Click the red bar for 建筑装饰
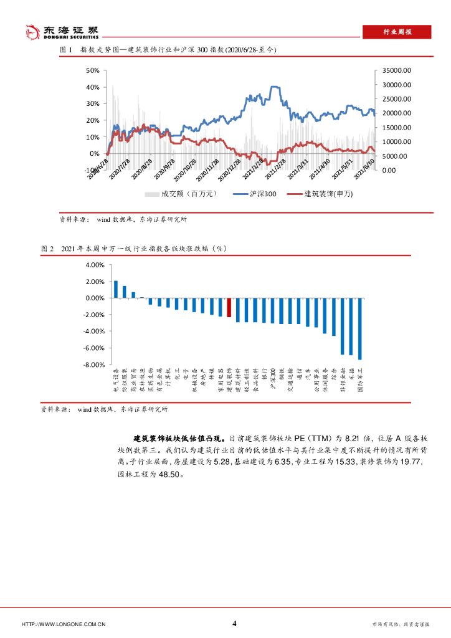pyautogui.click(x=229, y=308)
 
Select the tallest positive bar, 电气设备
pyautogui.click(x=116, y=289)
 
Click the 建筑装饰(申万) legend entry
pyautogui.click(x=320, y=194)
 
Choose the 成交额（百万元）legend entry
pyautogui.click(x=180, y=194)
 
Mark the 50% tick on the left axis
pyautogui.click(x=92, y=71)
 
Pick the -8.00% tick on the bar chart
pyautogui.click(x=95, y=364)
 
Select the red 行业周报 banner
pyautogui.click(x=396, y=32)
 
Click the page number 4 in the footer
pyautogui.click(x=234, y=623)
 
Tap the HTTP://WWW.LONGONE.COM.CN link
pyautogui.click(x=64, y=624)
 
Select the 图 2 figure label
pyautogui.click(x=48, y=249)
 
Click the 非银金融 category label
pyautogui.click(x=343, y=381)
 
